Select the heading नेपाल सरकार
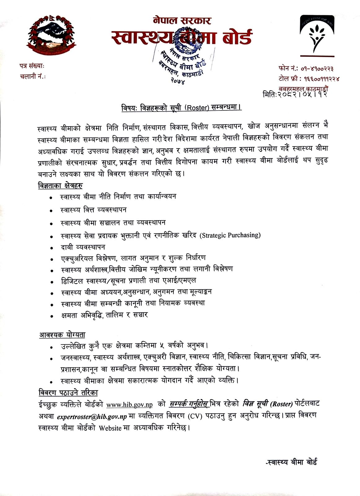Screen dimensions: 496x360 coord(182,20)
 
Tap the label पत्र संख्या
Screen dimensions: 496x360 coord(32,66)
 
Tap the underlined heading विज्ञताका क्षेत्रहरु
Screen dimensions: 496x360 coord(60,186)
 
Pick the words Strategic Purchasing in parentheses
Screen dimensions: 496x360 coord(230,235)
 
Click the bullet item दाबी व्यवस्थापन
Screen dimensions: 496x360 coord(83,247)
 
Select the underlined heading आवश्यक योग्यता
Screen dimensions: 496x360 coord(62,335)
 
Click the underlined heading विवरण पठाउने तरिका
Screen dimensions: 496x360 coord(68,393)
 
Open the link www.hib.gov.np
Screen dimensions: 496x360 coord(130,405)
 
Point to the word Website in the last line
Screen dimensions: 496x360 coord(110,428)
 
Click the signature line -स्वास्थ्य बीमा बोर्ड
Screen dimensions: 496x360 coord(291,462)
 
